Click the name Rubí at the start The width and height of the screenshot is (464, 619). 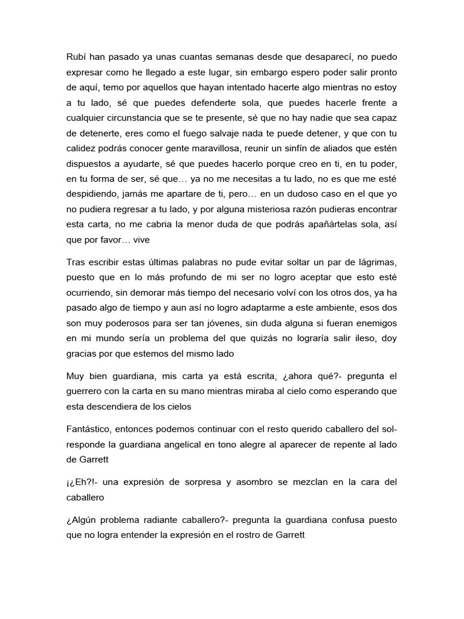pos(76,57)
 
